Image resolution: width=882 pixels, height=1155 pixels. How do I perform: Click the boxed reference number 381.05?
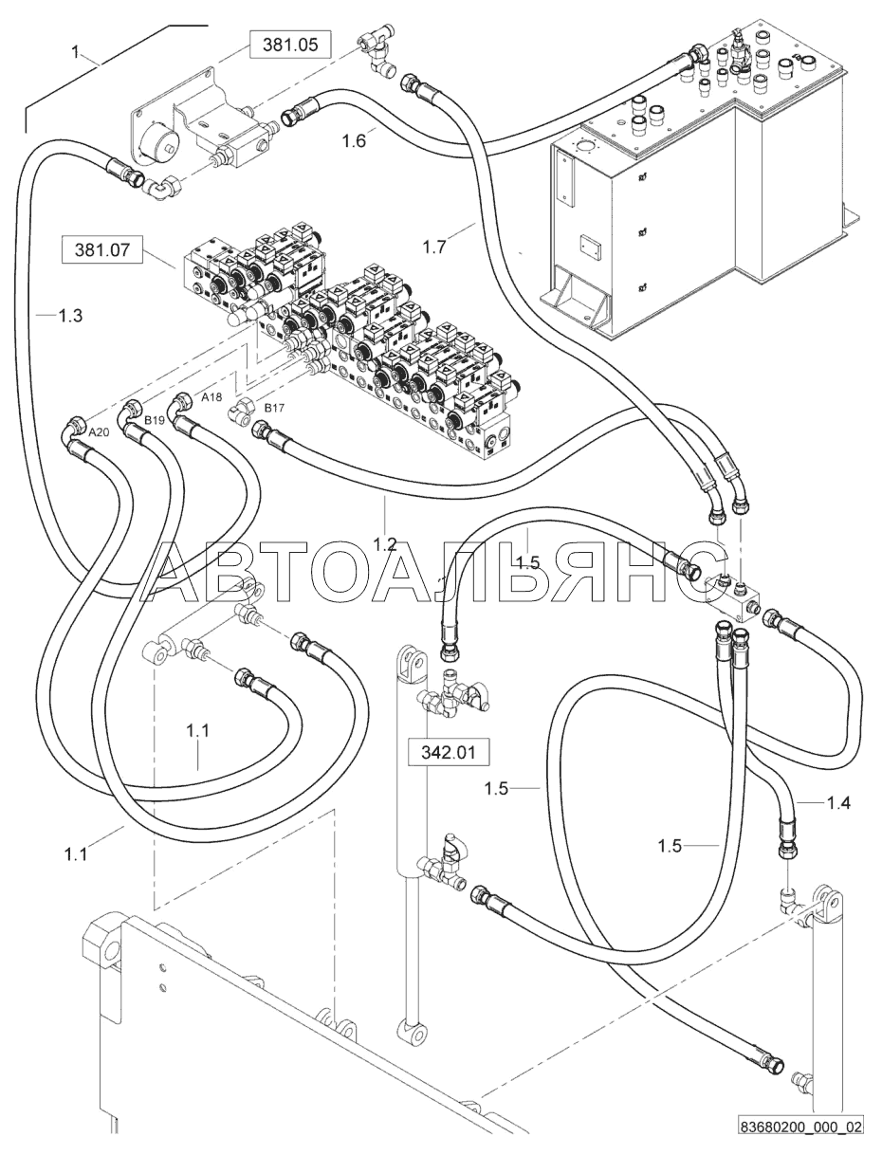click(290, 45)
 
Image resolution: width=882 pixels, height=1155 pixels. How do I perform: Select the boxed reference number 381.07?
click(102, 249)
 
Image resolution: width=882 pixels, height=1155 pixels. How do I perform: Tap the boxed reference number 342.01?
click(449, 752)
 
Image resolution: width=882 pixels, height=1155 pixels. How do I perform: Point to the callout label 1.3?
click(70, 316)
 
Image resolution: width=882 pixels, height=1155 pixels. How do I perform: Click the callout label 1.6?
click(354, 141)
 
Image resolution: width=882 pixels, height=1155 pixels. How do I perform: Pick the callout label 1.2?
click(385, 544)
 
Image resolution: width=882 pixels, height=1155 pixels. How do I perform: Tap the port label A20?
click(99, 432)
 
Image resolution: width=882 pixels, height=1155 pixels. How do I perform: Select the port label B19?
click(155, 421)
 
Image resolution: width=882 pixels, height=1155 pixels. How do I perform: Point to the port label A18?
click(212, 398)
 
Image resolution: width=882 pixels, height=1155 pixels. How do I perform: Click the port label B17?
click(274, 408)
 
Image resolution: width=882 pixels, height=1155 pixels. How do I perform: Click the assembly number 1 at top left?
click(76, 51)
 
